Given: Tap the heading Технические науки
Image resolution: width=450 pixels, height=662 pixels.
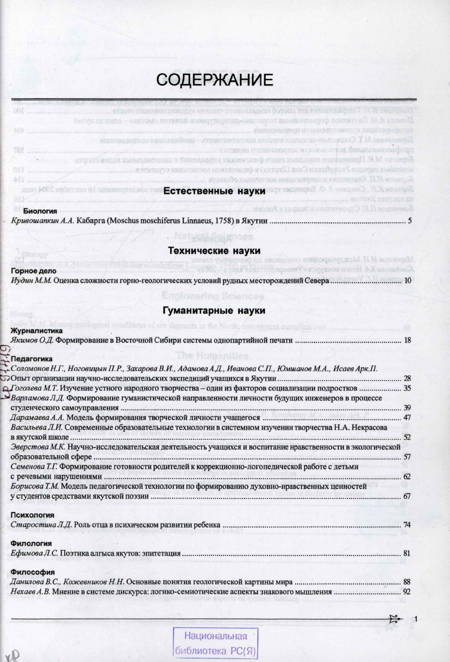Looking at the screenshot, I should [x=214, y=251].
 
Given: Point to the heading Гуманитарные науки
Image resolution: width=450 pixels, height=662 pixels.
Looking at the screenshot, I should [x=214, y=311].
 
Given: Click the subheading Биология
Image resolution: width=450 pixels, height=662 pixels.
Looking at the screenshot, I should [x=40, y=212].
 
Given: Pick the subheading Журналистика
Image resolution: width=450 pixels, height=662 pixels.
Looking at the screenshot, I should [x=37, y=331].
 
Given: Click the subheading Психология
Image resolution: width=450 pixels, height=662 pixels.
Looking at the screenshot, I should [x=32, y=515].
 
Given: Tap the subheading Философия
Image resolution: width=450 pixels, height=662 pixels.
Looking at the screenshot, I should [x=32, y=572].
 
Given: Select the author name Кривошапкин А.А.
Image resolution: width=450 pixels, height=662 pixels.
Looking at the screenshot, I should [x=43, y=221].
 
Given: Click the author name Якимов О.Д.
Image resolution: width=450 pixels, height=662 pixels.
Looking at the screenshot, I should [x=32, y=340].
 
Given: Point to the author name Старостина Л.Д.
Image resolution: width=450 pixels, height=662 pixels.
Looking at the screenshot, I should [x=41, y=525].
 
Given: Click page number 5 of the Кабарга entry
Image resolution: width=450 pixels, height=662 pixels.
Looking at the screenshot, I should [x=410, y=221].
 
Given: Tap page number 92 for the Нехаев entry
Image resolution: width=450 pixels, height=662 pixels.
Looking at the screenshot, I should [x=407, y=592].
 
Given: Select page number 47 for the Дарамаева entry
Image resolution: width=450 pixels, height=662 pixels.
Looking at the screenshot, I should [x=407, y=417].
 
